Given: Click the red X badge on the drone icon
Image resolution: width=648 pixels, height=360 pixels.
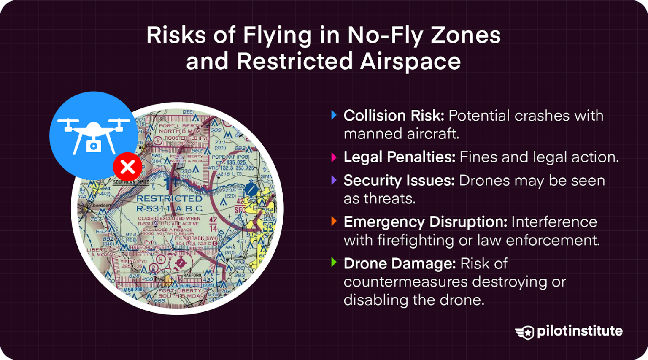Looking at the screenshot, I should coord(127,167).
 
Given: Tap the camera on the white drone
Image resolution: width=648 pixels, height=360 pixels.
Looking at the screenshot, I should coord(94,146).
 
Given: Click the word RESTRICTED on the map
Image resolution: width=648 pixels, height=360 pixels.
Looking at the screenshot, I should coord(169,198).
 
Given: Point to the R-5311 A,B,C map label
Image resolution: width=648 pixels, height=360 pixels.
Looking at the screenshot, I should coord(169,208).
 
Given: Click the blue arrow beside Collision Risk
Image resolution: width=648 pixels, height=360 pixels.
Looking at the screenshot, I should coord(334,115).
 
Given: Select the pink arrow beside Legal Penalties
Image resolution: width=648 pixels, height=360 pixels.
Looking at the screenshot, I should coord(334,157).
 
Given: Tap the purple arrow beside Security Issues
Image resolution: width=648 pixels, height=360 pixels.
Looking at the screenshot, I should coord(334,181).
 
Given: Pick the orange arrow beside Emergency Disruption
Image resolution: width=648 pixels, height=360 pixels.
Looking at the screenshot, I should coord(334,222).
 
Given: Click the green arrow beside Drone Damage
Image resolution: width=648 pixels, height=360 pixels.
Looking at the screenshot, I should coord(334,263).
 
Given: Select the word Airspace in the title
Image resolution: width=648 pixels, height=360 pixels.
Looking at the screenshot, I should coord(410,62).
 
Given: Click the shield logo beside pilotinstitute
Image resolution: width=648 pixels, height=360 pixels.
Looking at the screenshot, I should coord(525,332).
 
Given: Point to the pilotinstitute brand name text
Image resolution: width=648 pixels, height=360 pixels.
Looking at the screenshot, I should coord(580,331).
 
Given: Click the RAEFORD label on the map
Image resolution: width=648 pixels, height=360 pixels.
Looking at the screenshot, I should coord(192,276).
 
